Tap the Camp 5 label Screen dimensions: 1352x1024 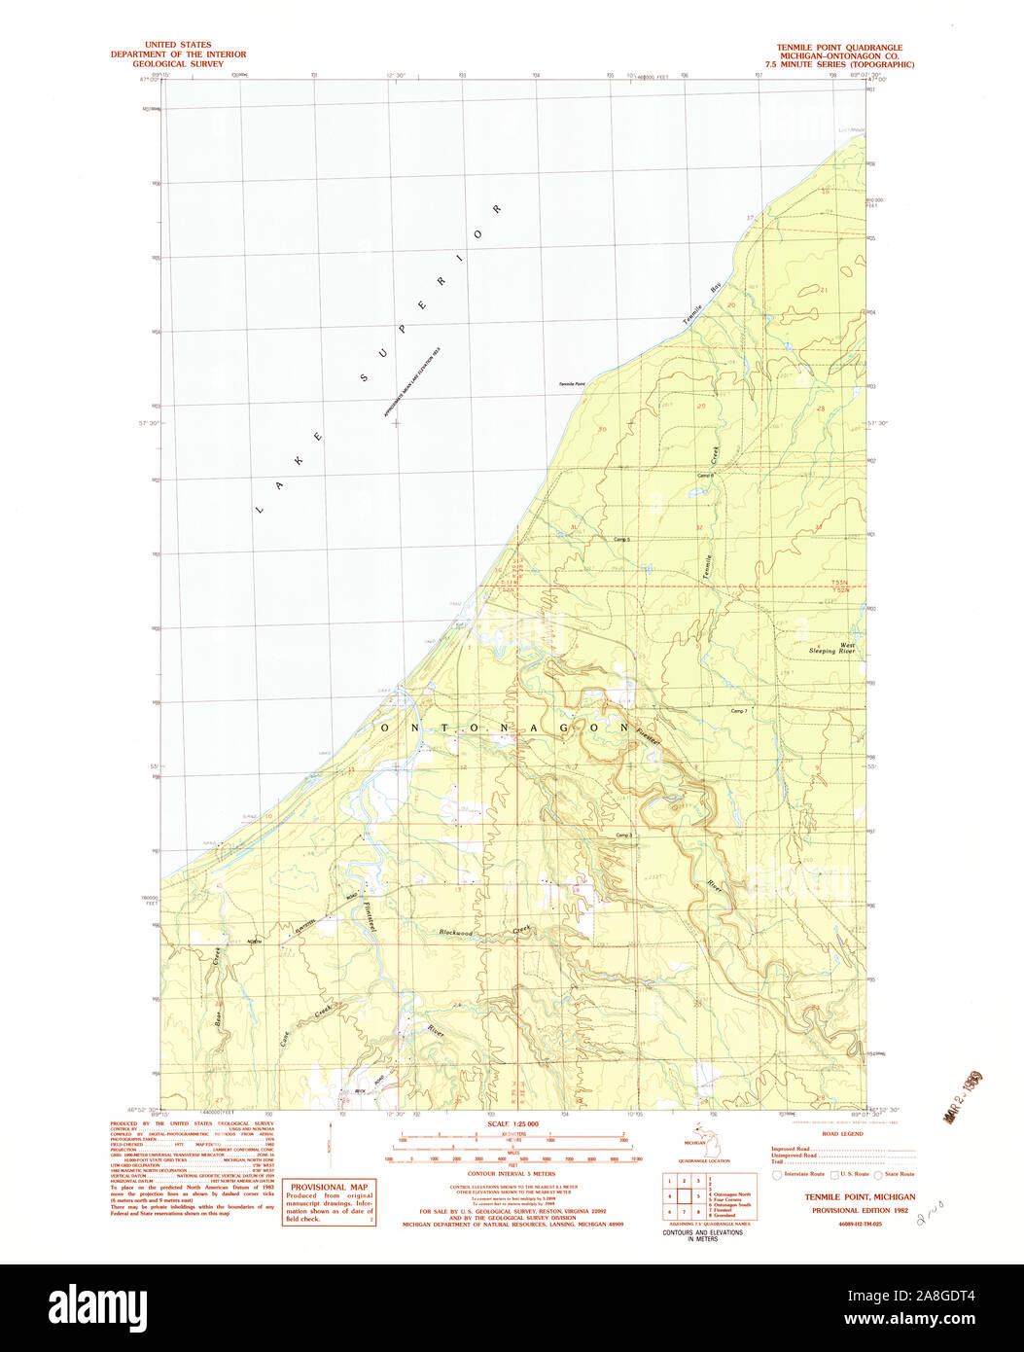(622, 539)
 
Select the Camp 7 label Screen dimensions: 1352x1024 (739, 712)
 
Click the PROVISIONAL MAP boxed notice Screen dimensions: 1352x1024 (329, 1203)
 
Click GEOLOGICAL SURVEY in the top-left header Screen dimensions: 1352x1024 (178, 64)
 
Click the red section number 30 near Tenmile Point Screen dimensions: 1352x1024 (603, 429)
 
